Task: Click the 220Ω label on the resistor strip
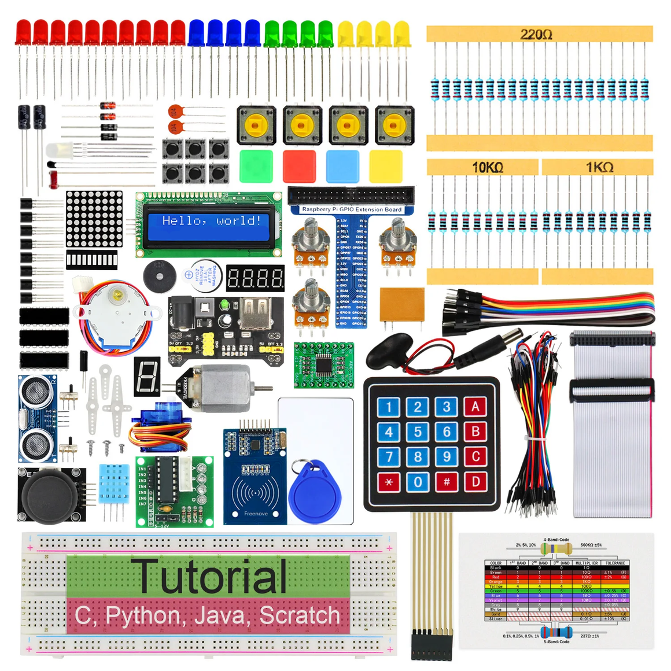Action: [x=536, y=34]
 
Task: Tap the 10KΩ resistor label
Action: [x=487, y=168]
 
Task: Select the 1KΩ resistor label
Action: [x=599, y=168]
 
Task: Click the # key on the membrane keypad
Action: [x=447, y=481]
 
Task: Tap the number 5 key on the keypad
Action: [x=418, y=432]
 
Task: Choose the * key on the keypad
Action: [x=389, y=481]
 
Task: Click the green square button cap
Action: [x=256, y=166]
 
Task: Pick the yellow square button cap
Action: [x=386, y=166]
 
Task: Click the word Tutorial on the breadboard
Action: [x=212, y=576]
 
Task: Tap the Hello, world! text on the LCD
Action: [x=211, y=221]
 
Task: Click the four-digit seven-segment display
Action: [x=255, y=278]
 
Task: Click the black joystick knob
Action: [x=49, y=496]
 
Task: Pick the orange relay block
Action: [x=402, y=304]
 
